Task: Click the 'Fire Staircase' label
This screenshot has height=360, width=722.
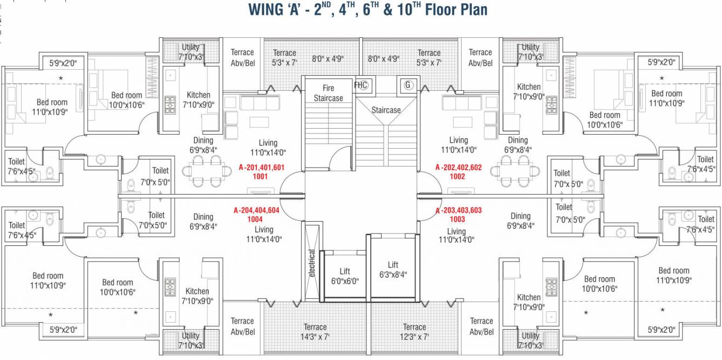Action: pyautogui.click(x=329, y=93)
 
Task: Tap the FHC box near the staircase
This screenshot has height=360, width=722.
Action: pyautogui.click(x=360, y=85)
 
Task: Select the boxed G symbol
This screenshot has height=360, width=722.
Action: pyautogui.click(x=407, y=85)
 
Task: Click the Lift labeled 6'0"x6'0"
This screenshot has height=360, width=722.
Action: pyautogui.click(x=345, y=276)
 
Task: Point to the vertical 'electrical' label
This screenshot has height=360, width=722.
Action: pyautogui.click(x=312, y=263)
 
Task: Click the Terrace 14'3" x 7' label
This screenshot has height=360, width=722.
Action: pyautogui.click(x=315, y=332)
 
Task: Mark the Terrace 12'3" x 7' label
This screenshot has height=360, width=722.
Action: pyautogui.click(x=415, y=332)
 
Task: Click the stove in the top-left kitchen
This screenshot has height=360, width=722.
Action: pyautogui.click(x=170, y=104)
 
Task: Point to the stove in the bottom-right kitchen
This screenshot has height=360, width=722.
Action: pyautogui.click(x=551, y=287)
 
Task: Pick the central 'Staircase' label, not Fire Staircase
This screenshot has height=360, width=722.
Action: pyautogui.click(x=386, y=110)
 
